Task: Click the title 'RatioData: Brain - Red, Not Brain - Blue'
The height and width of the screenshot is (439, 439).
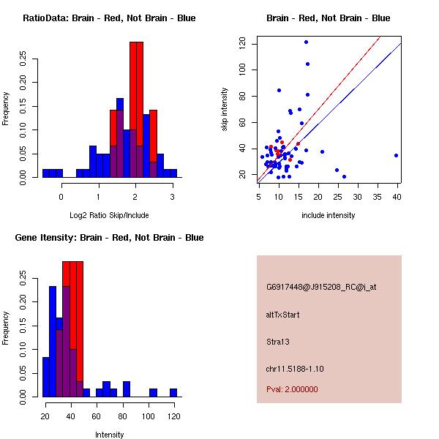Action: click(109, 18)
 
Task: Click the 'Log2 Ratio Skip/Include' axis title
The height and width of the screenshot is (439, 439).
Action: click(109, 214)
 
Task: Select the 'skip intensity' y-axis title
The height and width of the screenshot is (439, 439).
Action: click(225, 110)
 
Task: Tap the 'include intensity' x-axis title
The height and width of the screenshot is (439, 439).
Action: click(329, 214)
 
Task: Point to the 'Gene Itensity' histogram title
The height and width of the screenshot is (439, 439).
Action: click(109, 238)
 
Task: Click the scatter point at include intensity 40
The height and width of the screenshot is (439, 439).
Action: click(396, 155)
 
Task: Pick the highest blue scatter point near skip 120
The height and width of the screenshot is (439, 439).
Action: click(306, 42)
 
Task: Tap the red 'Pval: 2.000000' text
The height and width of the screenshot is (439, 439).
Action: click(292, 389)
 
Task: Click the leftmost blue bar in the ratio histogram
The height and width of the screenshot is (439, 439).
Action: click(48, 173)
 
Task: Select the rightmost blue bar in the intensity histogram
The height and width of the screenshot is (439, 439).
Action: click(173, 393)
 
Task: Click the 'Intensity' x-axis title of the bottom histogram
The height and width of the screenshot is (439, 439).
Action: click(109, 435)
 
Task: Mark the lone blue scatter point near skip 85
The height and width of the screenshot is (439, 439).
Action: click(279, 90)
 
